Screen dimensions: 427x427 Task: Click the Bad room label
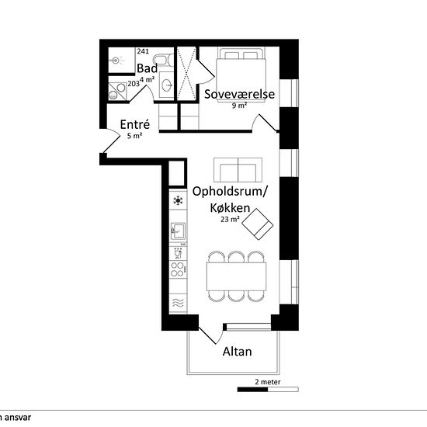(x=147, y=68)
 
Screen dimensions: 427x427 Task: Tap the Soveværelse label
(x=240, y=94)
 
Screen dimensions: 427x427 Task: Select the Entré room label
(x=135, y=124)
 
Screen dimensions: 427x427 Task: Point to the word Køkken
(x=230, y=208)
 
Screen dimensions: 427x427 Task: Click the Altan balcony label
(x=238, y=352)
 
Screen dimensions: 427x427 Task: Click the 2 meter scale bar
(x=268, y=390)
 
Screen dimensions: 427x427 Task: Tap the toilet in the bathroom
(x=163, y=61)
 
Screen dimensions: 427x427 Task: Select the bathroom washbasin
(x=166, y=85)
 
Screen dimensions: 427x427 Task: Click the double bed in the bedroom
(x=241, y=75)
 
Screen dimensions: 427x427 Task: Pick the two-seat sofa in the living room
(x=238, y=170)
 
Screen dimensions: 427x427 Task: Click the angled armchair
(x=258, y=224)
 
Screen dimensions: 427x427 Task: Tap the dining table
(x=236, y=276)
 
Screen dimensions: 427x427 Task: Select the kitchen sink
(x=178, y=231)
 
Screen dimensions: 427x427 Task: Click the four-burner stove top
(x=178, y=269)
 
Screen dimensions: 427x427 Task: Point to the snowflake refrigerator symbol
(x=178, y=201)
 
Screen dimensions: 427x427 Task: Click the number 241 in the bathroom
(x=143, y=51)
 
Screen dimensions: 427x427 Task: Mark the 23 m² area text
(x=230, y=219)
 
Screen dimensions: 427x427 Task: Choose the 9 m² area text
(x=240, y=105)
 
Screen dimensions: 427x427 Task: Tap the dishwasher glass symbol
(x=178, y=254)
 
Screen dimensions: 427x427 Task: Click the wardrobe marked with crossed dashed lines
(x=186, y=74)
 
